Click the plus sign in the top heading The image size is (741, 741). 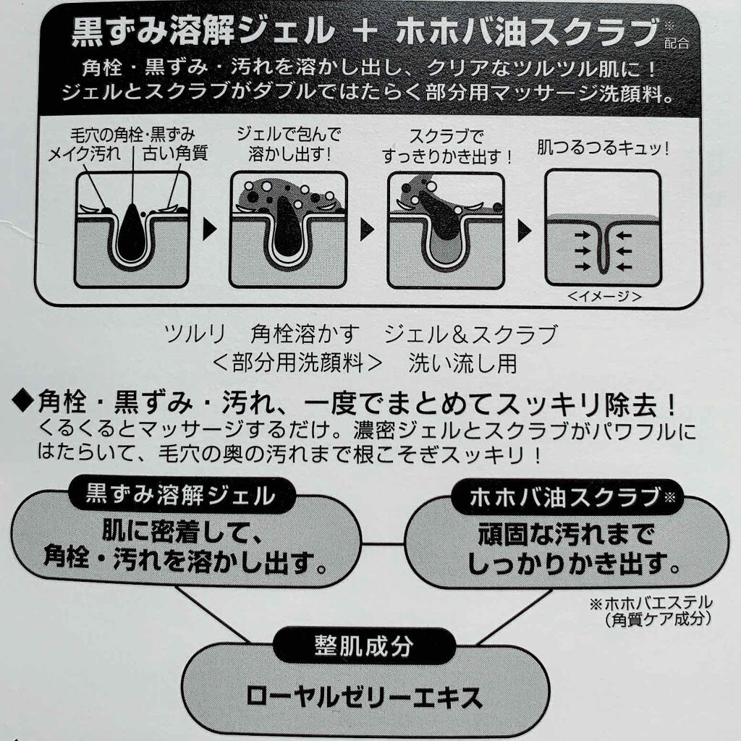coord(365,32)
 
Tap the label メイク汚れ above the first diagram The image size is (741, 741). coord(84,153)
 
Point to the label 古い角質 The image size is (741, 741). coord(175,153)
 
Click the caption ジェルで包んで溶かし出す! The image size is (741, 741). coord(289,144)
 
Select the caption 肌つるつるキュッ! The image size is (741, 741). coord(604,148)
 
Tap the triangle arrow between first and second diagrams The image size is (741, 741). coord(209,229)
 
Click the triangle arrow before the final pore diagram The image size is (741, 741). coord(525,231)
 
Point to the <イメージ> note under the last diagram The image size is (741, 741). coord(604,297)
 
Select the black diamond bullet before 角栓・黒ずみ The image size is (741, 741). coord(24,402)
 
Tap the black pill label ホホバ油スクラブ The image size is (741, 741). coord(567,497)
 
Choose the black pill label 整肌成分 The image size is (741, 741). coord(364,645)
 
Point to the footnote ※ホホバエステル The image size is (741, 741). coord(651,603)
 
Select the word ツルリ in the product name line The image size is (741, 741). coord(195,334)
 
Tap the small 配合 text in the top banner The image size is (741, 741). coord(677,44)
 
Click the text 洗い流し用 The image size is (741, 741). coord(462,363)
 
